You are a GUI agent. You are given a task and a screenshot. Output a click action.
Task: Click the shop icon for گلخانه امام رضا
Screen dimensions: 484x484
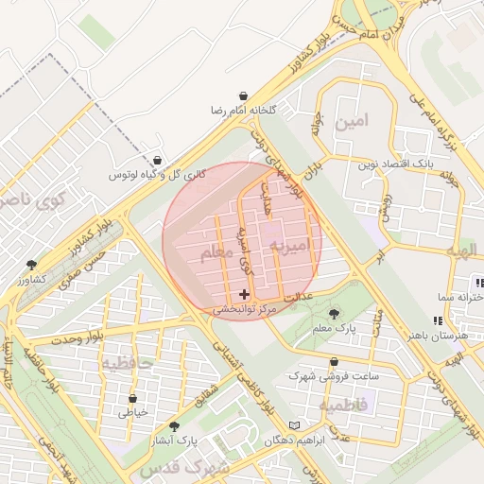244,96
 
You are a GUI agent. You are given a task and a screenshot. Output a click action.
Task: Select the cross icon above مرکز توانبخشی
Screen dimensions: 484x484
245,295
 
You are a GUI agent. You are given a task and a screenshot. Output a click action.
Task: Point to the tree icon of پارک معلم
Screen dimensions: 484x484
333,314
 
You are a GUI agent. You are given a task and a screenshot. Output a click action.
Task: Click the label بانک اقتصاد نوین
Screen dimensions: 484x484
394,164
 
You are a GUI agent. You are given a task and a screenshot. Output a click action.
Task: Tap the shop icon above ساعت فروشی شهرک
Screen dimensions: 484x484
335,362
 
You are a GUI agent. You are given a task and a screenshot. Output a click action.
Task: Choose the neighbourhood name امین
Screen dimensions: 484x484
346,122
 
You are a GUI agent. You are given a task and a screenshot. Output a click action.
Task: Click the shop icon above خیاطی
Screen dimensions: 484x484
132,399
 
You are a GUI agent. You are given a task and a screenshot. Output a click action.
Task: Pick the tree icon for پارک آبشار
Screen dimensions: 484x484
173,427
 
